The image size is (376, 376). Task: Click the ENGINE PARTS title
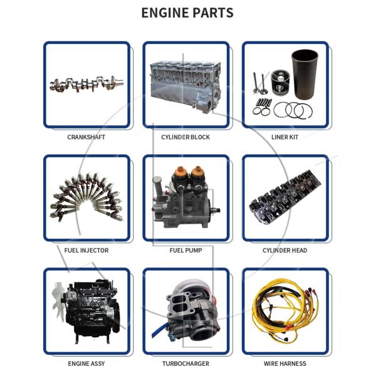(187, 13)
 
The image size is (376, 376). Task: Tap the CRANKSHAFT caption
(86, 137)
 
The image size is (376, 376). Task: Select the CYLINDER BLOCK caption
(185, 137)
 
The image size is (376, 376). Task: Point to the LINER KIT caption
(285, 137)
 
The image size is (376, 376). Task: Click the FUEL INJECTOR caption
(86, 250)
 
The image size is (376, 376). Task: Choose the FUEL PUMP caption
(186, 250)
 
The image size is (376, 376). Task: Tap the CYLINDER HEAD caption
(285, 250)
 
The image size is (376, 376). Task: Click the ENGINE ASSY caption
(86, 363)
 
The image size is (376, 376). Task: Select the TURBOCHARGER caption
(186, 363)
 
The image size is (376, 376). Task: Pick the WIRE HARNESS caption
(285, 363)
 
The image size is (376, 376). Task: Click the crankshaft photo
(86, 84)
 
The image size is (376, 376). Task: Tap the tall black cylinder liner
(305, 75)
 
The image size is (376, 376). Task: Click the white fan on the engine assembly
(58, 300)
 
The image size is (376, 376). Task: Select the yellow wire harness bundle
(285, 311)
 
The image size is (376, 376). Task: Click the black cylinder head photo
(285, 197)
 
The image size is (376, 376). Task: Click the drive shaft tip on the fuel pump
(218, 211)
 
